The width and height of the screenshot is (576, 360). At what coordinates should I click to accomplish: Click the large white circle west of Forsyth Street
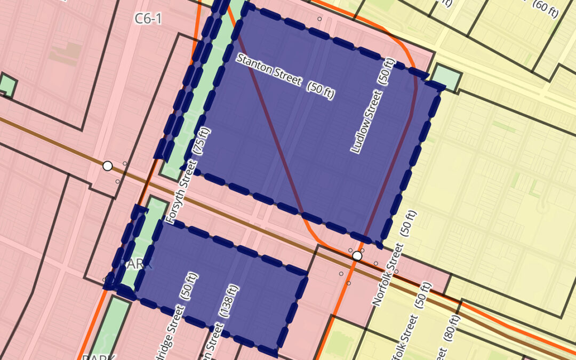108,166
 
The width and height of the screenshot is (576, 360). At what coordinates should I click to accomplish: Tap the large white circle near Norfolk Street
357,256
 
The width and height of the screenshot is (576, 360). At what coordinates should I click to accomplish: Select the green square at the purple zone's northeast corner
445,78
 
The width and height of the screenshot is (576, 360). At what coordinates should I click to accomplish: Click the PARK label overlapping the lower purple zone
137,263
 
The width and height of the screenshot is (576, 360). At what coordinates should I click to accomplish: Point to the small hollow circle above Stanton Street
319,19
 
